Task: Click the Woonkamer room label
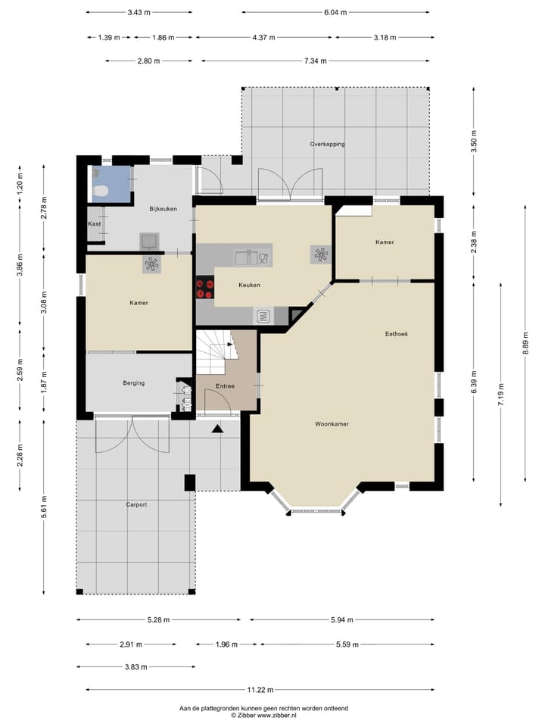pos(332,424)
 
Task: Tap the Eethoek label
pos(396,334)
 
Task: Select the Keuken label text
pos(249,285)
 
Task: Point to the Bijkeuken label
pos(163,209)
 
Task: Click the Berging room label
pos(134,383)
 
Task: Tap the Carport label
pos(136,504)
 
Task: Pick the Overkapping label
pos(327,144)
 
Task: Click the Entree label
pos(226,385)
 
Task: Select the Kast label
pos(95,223)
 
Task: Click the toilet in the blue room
pos(100,189)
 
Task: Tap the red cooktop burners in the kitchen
pos(204,288)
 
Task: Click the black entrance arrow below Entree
pos(217,429)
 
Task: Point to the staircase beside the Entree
pos(216,351)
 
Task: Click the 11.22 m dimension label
pos(260,689)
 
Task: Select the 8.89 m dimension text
pos(525,343)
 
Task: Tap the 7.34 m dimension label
pos(316,61)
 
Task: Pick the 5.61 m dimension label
pos(44,507)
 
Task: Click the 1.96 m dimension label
pos(226,644)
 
